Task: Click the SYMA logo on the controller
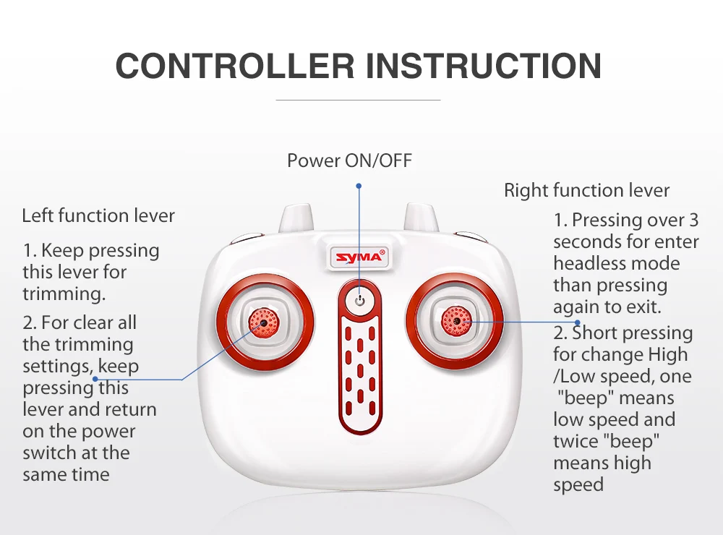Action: pos(359,257)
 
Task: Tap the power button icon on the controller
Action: pos(360,301)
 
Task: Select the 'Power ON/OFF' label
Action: pos(349,160)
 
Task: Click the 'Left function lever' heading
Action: pos(98,216)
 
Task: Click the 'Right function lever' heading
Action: pos(586,190)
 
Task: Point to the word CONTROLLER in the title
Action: pos(235,66)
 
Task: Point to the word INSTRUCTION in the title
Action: pos(484,66)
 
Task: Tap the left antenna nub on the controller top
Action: pos(296,218)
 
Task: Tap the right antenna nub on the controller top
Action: pos(421,218)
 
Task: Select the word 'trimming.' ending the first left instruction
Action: pos(64,294)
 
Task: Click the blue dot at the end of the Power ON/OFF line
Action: pos(359,186)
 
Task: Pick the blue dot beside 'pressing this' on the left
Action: pos(95,379)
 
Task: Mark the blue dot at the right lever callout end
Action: pos(577,322)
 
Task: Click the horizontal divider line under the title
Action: pos(359,100)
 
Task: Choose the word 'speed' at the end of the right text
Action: pos(578,485)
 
